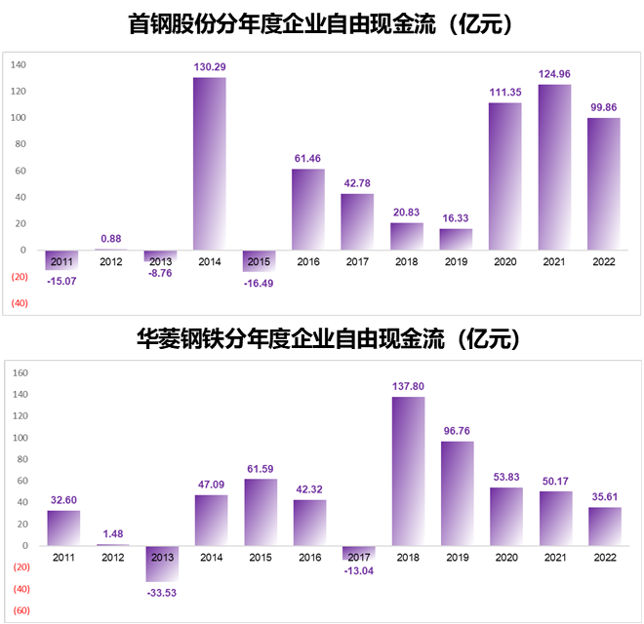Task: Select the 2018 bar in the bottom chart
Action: [x=408, y=471]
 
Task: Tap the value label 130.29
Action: [x=210, y=67]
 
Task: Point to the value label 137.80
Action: [x=408, y=386]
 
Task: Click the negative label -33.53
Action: [x=162, y=592]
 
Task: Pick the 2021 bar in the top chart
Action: [x=554, y=167]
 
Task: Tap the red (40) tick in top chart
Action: [x=19, y=303]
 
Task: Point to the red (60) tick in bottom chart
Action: [x=21, y=610]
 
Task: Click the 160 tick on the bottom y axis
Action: [x=20, y=372]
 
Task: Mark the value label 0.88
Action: [x=111, y=239]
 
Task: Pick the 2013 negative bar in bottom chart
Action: [x=162, y=564]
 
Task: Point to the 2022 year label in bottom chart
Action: [x=604, y=557]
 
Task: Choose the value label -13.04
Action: [x=358, y=570]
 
